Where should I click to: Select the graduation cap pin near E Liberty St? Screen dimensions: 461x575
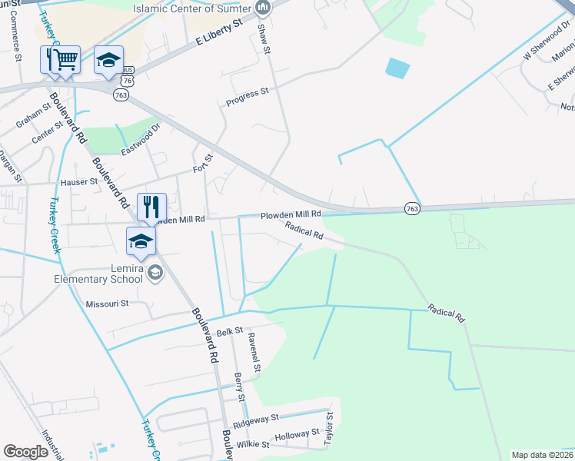point(109,60)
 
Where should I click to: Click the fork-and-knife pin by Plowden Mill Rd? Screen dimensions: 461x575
point(151,206)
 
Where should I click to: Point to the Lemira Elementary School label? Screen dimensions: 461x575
point(98,274)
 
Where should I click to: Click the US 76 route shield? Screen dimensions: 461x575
point(127,80)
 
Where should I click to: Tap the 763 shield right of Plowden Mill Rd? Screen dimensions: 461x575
point(412,209)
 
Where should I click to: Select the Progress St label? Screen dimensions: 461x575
point(246,96)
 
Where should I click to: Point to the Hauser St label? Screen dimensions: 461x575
point(79,183)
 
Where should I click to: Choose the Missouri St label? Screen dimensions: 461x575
point(107,303)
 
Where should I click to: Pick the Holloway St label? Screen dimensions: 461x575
point(297,434)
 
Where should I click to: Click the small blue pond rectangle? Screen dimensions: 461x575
point(397,68)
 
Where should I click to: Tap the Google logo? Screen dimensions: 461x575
point(25,452)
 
